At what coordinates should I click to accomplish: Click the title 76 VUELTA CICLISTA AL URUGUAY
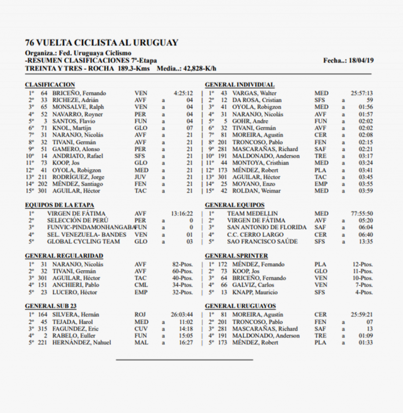[101, 43]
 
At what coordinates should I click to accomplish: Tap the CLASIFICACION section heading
[50, 85]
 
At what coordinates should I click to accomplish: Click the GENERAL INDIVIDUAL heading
[240, 85]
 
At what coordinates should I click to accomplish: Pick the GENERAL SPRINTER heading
[236, 256]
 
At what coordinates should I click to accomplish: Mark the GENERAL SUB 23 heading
[51, 306]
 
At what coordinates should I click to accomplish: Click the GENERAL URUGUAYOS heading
[240, 306]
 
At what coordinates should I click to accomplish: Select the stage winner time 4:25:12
[183, 93]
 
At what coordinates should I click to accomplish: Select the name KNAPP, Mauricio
[256, 292]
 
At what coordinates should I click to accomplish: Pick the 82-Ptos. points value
[182, 264]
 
